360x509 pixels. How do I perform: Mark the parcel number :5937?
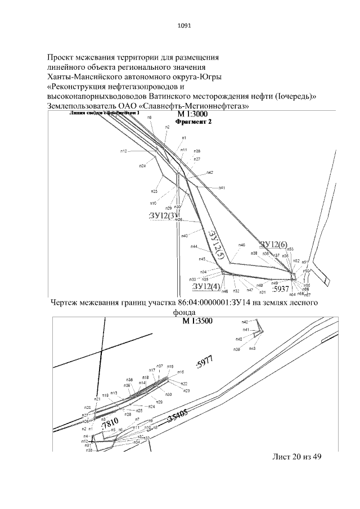(x=280, y=290)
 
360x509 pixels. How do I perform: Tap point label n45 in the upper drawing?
(x=202, y=259)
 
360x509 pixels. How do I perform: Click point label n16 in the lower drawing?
(x=181, y=372)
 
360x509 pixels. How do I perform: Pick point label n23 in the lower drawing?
(x=187, y=390)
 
